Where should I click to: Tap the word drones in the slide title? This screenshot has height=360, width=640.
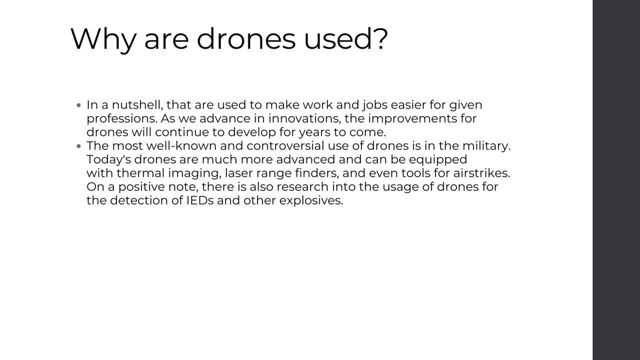click(x=246, y=39)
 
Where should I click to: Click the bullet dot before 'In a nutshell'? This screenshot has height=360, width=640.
click(x=79, y=105)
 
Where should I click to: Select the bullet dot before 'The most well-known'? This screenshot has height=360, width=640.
click(x=79, y=146)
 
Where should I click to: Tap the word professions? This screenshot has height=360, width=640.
click(x=121, y=119)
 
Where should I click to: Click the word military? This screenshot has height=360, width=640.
click(x=485, y=146)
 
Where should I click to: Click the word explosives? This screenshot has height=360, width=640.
click(x=311, y=200)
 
